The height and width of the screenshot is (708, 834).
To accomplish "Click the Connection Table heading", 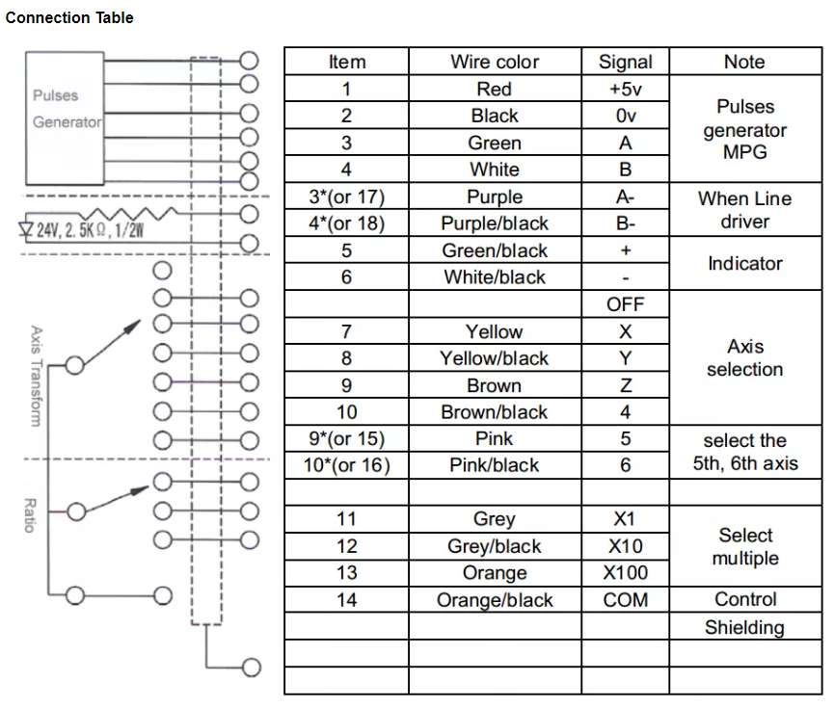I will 69,17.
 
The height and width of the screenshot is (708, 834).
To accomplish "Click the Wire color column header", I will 495,62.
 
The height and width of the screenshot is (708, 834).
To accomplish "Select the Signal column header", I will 625,62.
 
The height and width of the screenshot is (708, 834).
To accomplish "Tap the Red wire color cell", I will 495,90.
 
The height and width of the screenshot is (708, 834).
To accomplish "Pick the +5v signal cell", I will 625,90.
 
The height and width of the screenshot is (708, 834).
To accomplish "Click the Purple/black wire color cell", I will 495,223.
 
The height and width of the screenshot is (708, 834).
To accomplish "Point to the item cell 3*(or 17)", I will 346,197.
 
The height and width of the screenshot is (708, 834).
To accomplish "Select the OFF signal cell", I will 625,304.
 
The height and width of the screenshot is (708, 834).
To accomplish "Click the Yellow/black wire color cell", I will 495,358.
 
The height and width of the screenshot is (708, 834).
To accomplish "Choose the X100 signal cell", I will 625,573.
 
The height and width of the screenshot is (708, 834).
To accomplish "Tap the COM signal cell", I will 625,600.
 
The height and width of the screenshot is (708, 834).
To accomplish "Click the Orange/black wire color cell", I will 495,600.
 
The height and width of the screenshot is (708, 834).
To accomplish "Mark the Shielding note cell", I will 744,627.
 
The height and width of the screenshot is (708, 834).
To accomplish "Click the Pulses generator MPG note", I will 744,129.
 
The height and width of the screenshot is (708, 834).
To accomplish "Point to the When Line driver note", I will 744,210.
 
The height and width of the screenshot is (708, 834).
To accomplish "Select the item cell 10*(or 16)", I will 346,465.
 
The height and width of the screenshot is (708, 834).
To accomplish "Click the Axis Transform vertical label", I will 35,376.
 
